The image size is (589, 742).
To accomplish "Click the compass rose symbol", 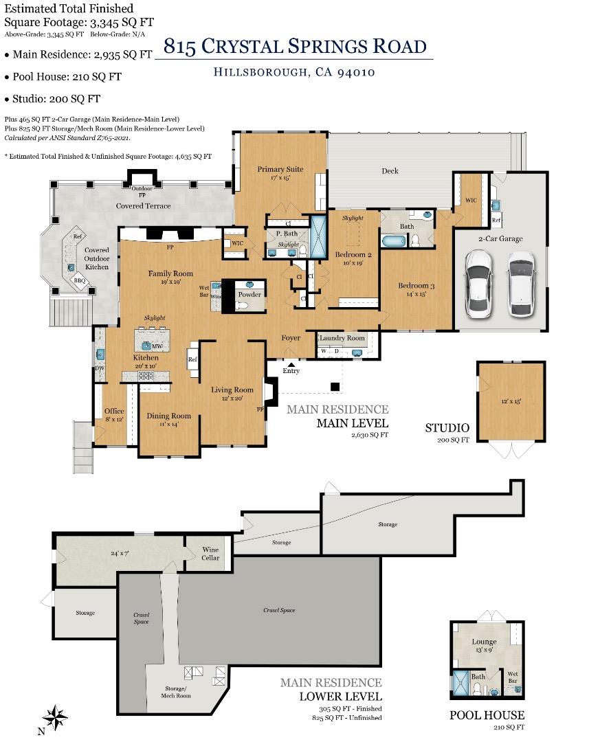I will point(56,717).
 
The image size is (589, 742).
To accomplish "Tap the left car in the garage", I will point(479,283).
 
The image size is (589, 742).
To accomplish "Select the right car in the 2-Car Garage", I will point(522,283).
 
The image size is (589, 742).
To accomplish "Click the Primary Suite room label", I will point(280,169).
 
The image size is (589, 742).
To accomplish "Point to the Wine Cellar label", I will point(210,553).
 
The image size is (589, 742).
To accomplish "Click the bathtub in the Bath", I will point(394,241).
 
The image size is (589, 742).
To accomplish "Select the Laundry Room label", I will point(342,338).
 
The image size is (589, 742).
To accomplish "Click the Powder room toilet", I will point(241,306).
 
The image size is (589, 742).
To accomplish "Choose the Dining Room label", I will point(168,416).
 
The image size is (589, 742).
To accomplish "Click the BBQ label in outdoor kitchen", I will point(80,280).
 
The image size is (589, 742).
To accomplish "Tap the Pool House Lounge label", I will point(485,642).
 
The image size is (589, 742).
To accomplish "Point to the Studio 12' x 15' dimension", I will point(511,401).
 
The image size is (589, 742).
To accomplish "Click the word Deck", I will point(390,171).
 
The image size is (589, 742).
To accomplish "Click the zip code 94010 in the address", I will point(355,72).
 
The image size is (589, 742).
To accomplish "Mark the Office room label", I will point(114,411).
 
